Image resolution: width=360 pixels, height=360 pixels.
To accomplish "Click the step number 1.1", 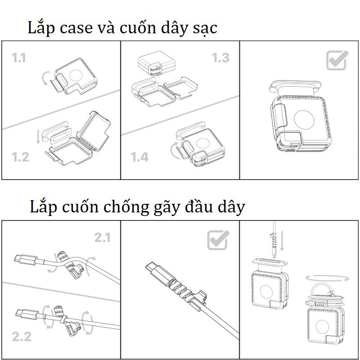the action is tap(19, 58).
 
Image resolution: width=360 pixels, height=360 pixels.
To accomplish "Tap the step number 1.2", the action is tap(20, 157).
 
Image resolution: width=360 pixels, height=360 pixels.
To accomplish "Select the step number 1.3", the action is tap(220, 58).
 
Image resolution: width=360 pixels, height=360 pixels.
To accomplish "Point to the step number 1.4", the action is tap(139, 157).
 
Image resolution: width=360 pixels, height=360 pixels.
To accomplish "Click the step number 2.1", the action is tap(103, 238).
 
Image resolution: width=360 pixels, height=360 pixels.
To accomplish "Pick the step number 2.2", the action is tap(22, 337).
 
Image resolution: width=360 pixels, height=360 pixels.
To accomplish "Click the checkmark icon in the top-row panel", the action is tap(337, 60).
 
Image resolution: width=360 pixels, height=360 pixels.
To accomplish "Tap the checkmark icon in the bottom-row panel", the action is tap(218, 240).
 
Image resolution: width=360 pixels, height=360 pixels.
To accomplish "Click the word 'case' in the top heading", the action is tap(76, 28).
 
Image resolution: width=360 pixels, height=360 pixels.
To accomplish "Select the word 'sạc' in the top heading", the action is tap(205, 29).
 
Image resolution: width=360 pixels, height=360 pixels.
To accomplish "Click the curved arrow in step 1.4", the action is tap(174, 151).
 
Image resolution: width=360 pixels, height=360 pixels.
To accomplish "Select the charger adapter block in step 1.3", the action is tap(157, 65).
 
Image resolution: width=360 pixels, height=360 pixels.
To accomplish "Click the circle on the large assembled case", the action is tap(304, 120).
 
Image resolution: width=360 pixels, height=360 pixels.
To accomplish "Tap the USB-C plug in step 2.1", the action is tap(26, 260).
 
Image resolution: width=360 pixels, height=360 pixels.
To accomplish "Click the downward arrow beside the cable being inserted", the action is tap(282, 241).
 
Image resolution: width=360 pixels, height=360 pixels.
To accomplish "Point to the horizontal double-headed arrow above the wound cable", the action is tap(328, 278).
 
